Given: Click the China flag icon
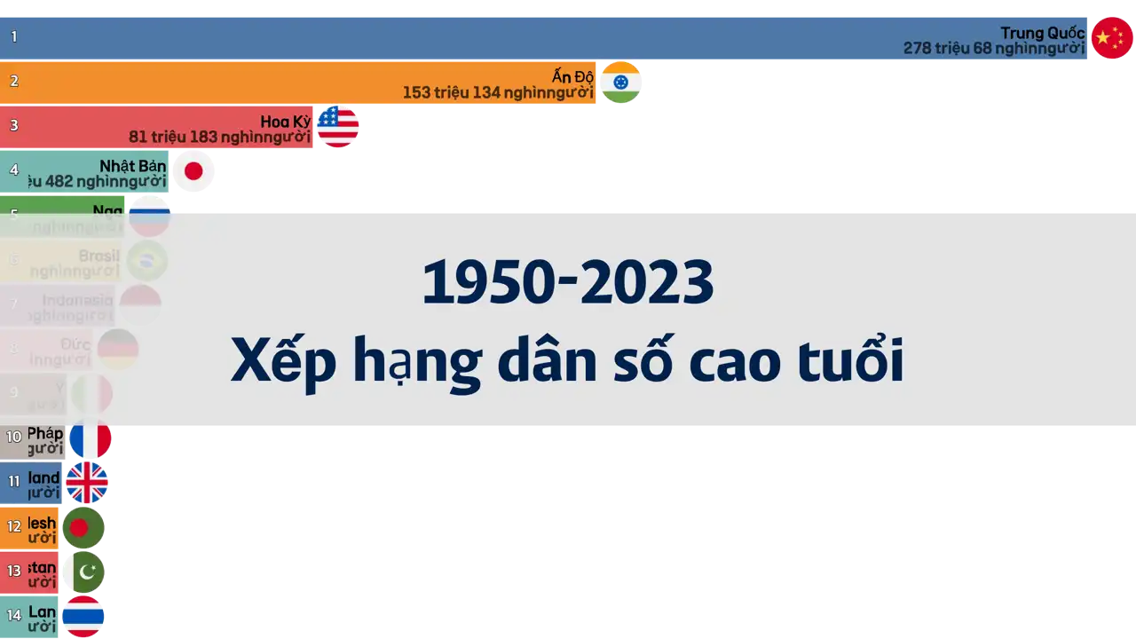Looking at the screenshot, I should pyautogui.click(x=1111, y=37).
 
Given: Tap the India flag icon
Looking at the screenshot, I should pyautogui.click(x=620, y=83).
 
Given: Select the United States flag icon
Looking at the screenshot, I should pyautogui.click(x=338, y=127).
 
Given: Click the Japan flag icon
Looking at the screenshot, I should pyautogui.click(x=193, y=171).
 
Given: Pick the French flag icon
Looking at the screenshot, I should pyautogui.click(x=91, y=439).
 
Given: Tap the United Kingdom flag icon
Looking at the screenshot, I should pyautogui.click(x=87, y=483).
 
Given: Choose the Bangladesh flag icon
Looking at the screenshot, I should pyautogui.click(x=83, y=528).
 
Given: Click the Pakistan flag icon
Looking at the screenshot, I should pyautogui.click(x=83, y=572).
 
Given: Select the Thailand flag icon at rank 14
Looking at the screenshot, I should pyautogui.click(x=83, y=617).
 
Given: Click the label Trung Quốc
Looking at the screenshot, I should pyautogui.click(x=1042, y=33).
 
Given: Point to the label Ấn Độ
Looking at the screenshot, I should pyautogui.click(x=572, y=77).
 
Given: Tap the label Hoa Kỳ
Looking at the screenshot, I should pyautogui.click(x=286, y=122).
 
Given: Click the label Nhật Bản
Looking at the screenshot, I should pyautogui.click(x=133, y=166).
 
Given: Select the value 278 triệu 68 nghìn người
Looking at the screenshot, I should pyautogui.click(x=994, y=49).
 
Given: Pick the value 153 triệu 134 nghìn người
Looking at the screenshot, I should pyautogui.click(x=498, y=92).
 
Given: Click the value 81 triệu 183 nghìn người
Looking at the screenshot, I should pyautogui.click(x=219, y=137).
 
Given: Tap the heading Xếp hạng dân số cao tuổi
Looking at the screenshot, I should pyautogui.click(x=567, y=362).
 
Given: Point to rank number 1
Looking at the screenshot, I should pyautogui.click(x=14, y=37).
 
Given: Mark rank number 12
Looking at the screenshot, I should pyautogui.click(x=14, y=526).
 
